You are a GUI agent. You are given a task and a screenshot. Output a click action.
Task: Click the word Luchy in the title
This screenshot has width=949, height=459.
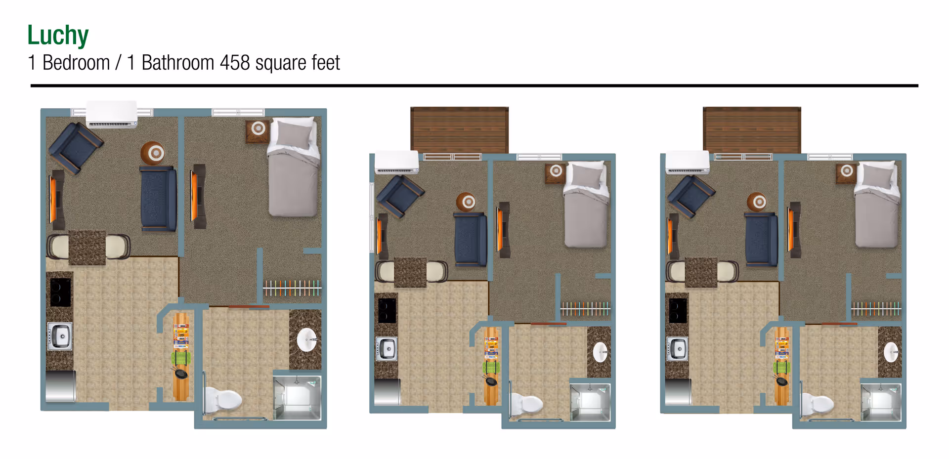[58, 36]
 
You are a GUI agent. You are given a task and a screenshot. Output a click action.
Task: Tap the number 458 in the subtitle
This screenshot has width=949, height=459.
[235, 63]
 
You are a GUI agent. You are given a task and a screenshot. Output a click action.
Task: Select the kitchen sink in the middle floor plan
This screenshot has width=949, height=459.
[387, 349]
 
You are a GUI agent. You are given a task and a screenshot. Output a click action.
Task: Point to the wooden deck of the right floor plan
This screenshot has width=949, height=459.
[751, 129]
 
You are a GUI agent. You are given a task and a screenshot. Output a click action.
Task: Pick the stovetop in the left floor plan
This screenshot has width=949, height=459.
[60, 292]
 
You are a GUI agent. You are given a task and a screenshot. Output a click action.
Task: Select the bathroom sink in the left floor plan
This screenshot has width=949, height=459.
[306, 340]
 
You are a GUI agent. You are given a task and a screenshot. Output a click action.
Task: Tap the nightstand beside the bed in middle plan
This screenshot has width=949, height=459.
[556, 172]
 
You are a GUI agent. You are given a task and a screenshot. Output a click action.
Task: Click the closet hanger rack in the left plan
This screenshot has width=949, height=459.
[292, 288]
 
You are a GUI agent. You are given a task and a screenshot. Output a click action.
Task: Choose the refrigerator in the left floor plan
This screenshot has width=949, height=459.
[60, 386]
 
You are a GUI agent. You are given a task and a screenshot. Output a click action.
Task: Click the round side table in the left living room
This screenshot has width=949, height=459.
[153, 153]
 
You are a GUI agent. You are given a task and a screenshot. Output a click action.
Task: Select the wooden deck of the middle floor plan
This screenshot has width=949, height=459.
[459, 129]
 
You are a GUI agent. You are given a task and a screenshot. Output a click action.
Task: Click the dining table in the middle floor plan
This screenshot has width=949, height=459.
[410, 272]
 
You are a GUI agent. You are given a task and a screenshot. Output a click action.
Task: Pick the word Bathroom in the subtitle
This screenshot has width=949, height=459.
[177, 63]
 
